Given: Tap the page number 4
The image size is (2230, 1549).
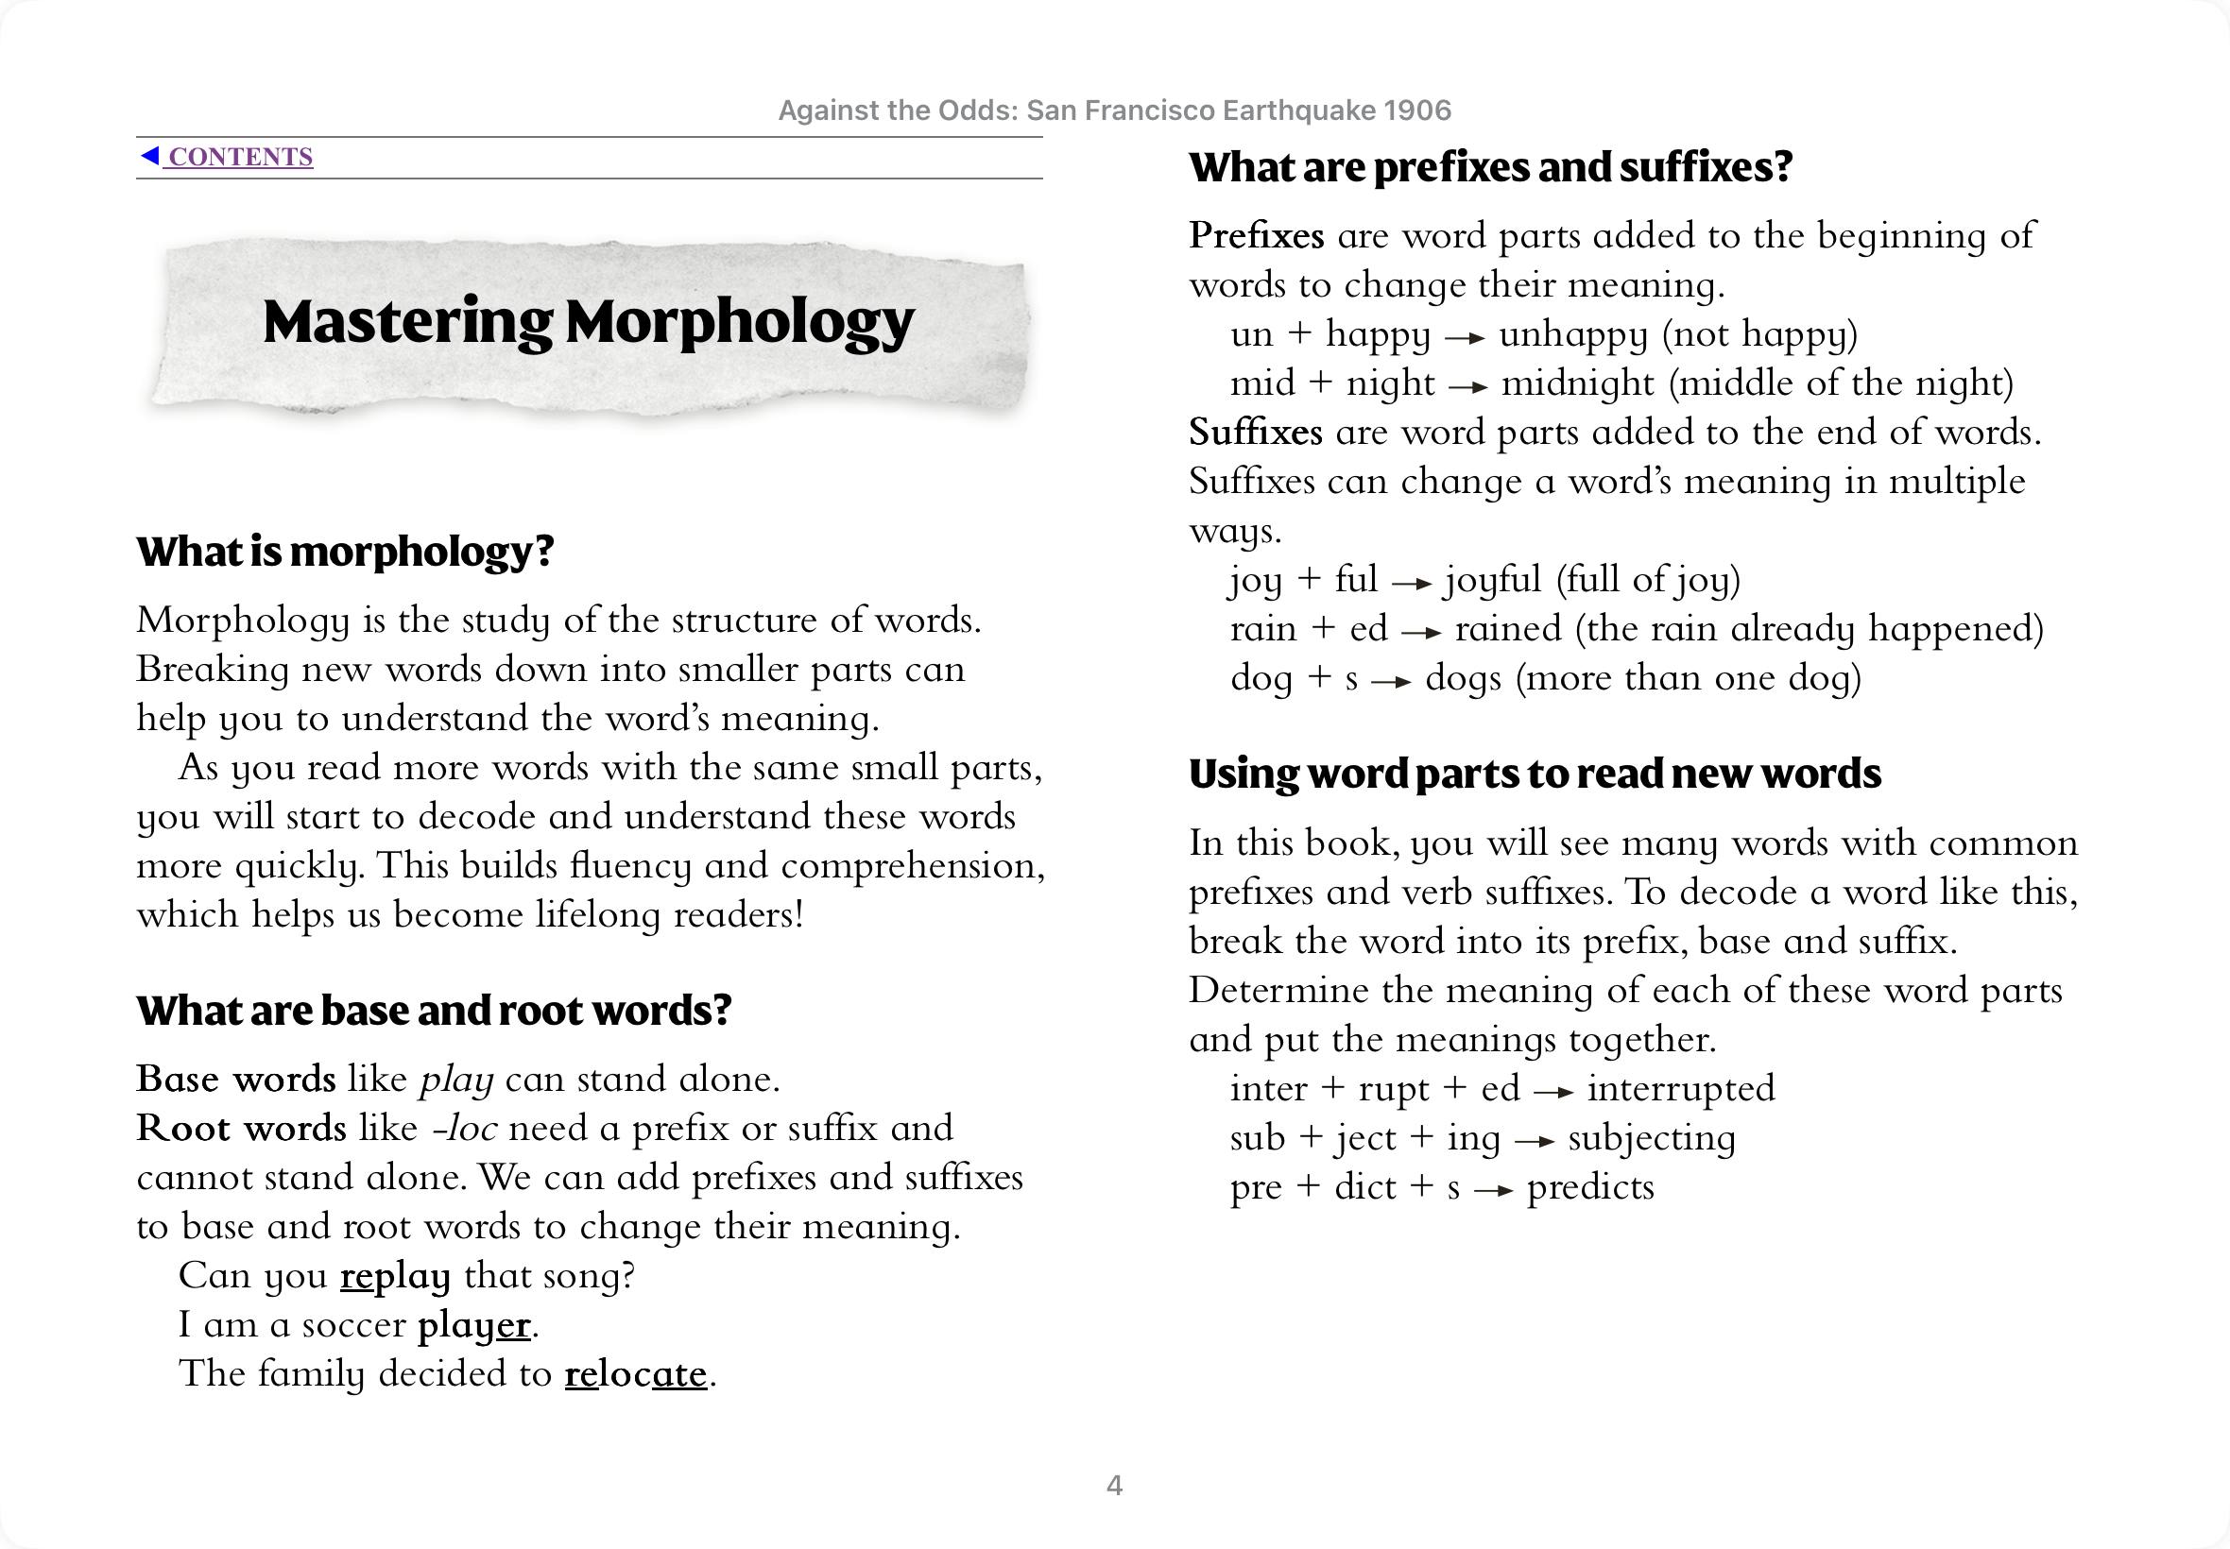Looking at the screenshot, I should (1114, 1485).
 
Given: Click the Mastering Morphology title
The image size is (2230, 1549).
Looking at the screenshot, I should (589, 322).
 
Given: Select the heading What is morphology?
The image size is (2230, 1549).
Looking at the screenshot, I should (345, 552).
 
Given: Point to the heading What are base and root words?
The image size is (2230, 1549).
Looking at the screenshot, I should (433, 1011).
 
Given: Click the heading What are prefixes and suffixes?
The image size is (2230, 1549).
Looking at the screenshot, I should (1490, 167).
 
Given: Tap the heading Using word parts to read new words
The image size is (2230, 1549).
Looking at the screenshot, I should (1535, 774).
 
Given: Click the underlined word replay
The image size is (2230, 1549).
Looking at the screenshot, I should (395, 1275).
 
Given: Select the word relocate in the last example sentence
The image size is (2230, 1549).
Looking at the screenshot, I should (636, 1374).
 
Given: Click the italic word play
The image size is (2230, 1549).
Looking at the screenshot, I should (456, 1080).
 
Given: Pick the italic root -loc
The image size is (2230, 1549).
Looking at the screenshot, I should (465, 1129).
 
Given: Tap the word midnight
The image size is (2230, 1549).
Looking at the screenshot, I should (1577, 383).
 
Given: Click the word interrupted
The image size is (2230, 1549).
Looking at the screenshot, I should (1680, 1088).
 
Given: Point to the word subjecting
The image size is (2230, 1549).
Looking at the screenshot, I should (1652, 1137).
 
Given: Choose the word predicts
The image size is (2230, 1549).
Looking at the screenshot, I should (1590, 1187).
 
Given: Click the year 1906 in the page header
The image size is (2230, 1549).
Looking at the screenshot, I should (1417, 111).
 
